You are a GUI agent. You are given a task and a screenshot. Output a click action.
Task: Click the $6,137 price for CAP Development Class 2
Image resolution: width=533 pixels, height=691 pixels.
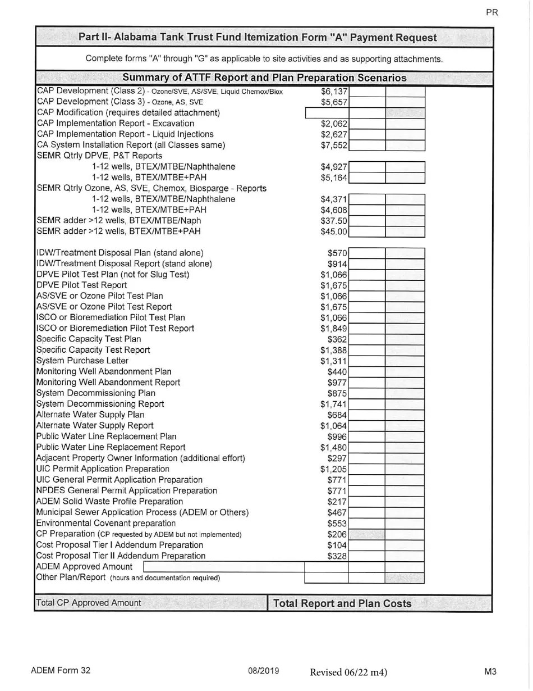point(334,92)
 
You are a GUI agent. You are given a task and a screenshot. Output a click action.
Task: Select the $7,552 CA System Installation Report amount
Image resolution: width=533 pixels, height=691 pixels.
point(334,146)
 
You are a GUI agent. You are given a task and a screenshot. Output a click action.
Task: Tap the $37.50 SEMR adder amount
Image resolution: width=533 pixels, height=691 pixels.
point(334,221)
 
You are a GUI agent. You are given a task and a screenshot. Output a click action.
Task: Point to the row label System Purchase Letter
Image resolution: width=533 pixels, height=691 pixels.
point(82,361)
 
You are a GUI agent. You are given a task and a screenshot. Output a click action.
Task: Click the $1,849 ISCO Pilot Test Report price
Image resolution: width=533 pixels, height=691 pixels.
point(334,329)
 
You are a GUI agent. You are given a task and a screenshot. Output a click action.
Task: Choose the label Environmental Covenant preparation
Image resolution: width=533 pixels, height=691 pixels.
point(105,523)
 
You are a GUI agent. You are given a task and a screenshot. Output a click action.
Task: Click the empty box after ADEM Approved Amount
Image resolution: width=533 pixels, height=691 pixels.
point(224,567)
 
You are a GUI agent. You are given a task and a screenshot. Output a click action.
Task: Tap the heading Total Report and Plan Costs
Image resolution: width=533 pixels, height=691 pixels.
point(342,604)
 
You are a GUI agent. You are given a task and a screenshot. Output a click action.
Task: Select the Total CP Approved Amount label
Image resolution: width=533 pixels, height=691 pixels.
point(89,603)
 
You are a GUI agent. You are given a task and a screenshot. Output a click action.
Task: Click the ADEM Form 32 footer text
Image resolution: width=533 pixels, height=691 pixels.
point(61,671)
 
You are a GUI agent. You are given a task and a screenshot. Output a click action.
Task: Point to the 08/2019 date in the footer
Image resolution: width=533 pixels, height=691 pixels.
point(263,671)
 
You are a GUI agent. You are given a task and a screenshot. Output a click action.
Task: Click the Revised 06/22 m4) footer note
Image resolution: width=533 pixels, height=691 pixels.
point(348,672)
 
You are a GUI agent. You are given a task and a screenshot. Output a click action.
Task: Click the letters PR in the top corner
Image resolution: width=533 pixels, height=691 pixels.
point(491,13)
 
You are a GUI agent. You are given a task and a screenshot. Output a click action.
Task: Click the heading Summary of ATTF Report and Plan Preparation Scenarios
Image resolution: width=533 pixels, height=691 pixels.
point(264,78)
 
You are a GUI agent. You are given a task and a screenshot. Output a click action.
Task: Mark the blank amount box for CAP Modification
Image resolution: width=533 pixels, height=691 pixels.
point(326,113)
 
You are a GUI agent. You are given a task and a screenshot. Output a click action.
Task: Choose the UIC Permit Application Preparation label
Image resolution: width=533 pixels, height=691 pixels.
point(103,469)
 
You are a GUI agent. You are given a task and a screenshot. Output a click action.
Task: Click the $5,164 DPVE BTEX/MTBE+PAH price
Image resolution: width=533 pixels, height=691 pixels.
point(334,178)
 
